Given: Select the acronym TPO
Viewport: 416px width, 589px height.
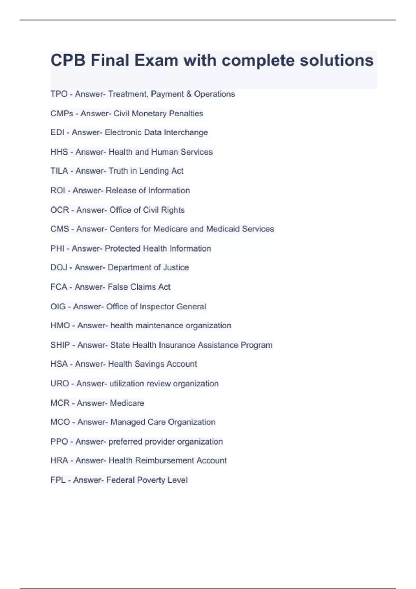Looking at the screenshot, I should point(59,94).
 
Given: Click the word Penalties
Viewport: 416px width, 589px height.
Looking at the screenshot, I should point(186,113).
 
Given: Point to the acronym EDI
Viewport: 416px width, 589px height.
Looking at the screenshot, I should point(58,132).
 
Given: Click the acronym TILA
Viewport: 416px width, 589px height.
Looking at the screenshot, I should point(59,171).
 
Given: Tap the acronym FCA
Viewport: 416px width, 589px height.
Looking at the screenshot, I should point(59,287).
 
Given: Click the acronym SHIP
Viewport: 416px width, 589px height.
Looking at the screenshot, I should point(60,345).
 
